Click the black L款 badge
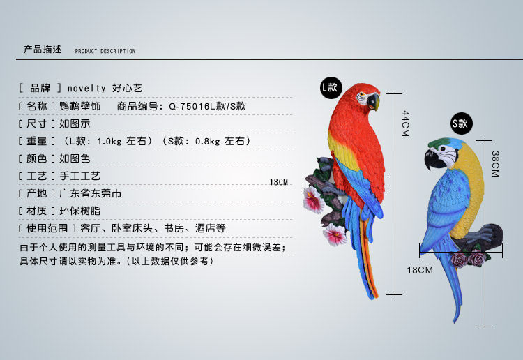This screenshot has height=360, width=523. [329, 87]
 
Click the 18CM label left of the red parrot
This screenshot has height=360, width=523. [278, 182]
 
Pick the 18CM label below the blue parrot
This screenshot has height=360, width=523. [420, 269]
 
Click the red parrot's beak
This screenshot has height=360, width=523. [374, 102]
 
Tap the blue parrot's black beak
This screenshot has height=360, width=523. [432, 159]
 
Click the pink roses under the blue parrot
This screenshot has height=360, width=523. [467, 260]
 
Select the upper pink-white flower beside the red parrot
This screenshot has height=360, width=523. [313, 201]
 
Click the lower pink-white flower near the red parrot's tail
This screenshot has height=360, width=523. [335, 234]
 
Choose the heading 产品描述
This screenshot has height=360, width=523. [43, 50]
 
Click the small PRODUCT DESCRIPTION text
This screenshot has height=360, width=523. [105, 52]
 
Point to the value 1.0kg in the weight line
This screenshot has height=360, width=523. [109, 141]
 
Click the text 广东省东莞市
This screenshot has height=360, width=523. [91, 193]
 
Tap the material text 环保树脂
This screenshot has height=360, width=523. [80, 211]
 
